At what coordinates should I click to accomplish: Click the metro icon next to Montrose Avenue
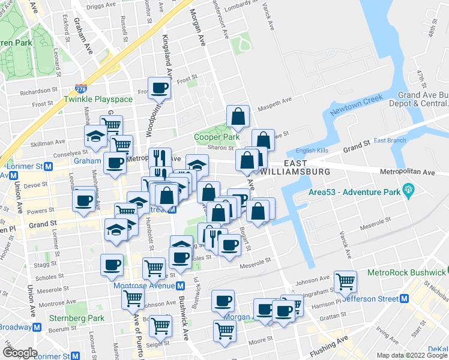[181, 285]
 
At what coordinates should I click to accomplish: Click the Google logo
[20, 353]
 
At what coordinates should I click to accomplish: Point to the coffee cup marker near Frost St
[160, 88]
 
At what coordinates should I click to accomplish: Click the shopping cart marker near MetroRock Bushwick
[345, 281]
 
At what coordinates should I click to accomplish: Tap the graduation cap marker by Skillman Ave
[95, 136]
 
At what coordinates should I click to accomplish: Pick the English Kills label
[309, 151]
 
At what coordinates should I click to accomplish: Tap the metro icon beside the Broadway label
[37, 327]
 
